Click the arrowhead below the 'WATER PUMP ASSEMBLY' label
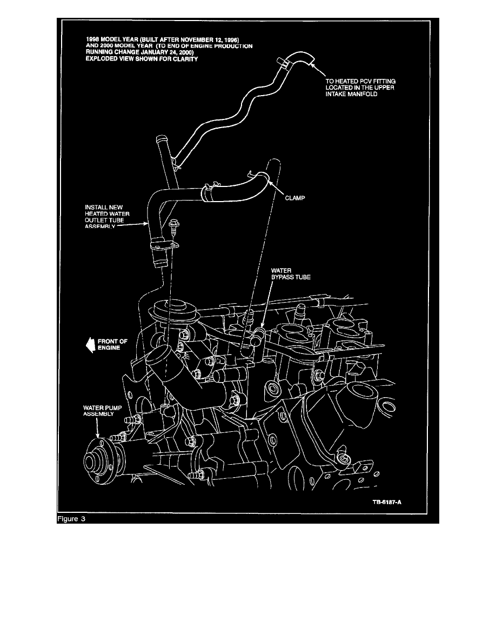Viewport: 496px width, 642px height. pyautogui.click(x=98, y=436)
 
